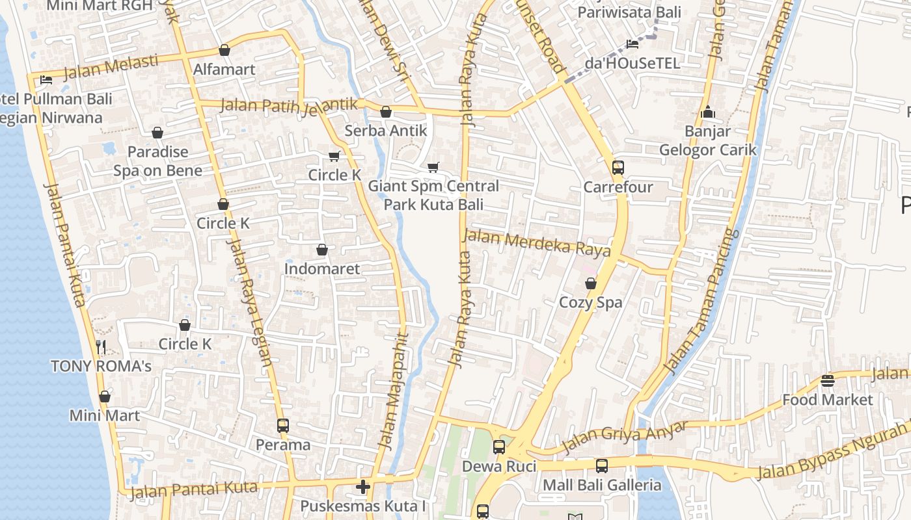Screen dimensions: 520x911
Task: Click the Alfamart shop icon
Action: (x=224, y=50)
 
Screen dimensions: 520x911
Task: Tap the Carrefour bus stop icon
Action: (x=618, y=168)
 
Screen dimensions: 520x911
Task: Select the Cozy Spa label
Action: (x=591, y=302)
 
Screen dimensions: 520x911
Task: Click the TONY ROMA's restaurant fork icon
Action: (x=101, y=346)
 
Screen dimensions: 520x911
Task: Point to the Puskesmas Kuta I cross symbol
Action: (x=363, y=486)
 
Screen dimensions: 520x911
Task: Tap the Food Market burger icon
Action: (x=828, y=380)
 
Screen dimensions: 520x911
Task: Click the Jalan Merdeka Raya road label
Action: (x=537, y=243)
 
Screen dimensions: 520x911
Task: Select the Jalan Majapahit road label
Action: (x=394, y=392)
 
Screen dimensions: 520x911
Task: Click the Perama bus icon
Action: (x=282, y=426)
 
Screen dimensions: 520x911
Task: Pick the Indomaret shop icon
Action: (x=321, y=250)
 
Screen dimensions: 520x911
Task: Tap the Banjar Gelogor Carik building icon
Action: (x=708, y=112)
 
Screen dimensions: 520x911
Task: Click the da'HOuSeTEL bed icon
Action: (x=632, y=44)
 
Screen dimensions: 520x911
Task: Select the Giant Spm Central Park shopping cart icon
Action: (x=433, y=167)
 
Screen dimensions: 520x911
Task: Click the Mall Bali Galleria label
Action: (x=602, y=485)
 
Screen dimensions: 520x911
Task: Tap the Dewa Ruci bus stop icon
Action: (x=499, y=447)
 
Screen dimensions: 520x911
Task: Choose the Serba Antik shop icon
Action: (x=386, y=112)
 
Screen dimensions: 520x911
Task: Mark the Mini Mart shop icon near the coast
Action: (x=105, y=396)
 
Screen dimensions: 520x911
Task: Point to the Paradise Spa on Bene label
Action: (x=158, y=161)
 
